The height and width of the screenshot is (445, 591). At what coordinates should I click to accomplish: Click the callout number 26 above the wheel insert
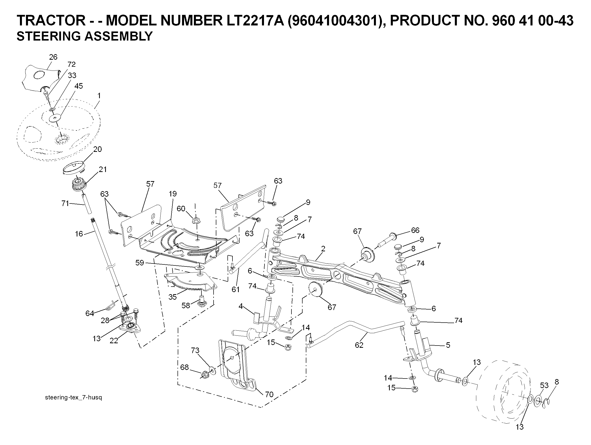[x=53, y=57]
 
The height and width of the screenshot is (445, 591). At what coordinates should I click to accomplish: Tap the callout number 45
[x=79, y=86]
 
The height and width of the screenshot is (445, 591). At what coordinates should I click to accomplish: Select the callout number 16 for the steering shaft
[x=79, y=234]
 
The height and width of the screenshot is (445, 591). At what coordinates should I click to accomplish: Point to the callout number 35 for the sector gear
[x=173, y=297]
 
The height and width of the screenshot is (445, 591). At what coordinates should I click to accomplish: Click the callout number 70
[x=269, y=395]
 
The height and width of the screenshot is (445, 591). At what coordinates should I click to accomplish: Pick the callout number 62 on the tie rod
[x=359, y=345]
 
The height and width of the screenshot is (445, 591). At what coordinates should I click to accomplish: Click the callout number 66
[x=415, y=230]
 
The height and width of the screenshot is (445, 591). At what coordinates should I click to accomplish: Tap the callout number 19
[x=173, y=194]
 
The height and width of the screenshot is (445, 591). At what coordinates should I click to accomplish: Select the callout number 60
[x=181, y=209]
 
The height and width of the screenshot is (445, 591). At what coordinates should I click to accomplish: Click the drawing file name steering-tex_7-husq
[x=73, y=398]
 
